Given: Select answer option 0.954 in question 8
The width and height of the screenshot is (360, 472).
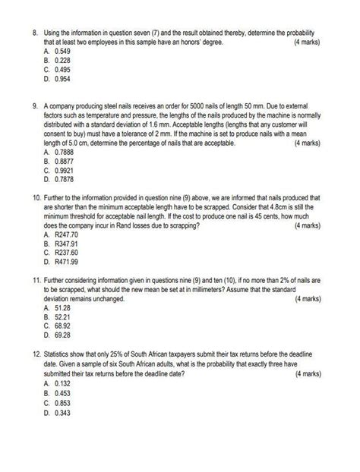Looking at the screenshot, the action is click(x=63, y=77).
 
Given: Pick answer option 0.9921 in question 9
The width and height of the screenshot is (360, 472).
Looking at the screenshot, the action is click(x=65, y=170).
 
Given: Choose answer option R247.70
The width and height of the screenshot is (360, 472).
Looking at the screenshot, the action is click(x=66, y=235).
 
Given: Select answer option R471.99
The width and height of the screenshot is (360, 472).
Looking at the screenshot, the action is click(x=66, y=263).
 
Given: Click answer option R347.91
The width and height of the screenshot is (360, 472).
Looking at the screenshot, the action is click(x=66, y=244).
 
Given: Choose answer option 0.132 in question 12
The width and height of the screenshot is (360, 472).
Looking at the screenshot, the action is click(x=63, y=384).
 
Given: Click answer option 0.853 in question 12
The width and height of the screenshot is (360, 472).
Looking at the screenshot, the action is click(x=63, y=402).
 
